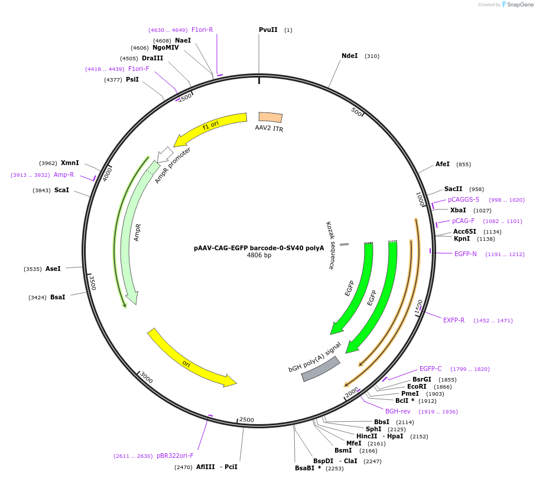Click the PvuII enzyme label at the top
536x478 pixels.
tap(268, 30)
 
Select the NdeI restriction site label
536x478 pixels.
tap(349, 56)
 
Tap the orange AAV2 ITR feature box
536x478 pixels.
tap(271, 118)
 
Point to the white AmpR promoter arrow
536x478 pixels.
tap(165, 154)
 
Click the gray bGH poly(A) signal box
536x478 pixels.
tap(321, 369)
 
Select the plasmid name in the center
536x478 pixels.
tap(259, 248)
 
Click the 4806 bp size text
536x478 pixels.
tap(259, 256)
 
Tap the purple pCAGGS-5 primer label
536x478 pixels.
tap(463, 199)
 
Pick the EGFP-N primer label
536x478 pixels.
tap(465, 254)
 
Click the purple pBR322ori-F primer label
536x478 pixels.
tap(175, 456)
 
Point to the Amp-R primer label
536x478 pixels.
tap(64, 175)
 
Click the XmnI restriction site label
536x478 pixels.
tap(70, 163)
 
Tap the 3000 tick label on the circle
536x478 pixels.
tap(146, 378)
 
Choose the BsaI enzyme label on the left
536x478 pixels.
tap(57, 297)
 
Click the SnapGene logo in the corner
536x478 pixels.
tap(517, 5)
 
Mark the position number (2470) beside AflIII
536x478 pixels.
tap(183, 467)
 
